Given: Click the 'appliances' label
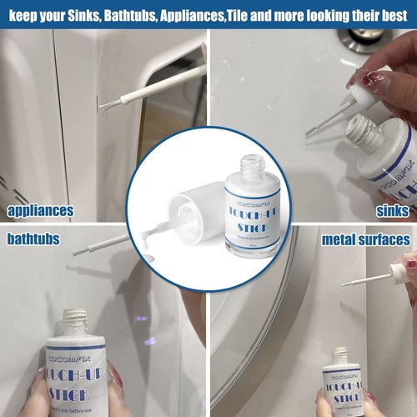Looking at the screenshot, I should point(40,211).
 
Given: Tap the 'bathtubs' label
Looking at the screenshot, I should point(34,239).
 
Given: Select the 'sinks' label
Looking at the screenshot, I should point(391,211).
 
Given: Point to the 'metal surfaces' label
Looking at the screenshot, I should point(366,240).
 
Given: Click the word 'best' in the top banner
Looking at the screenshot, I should point(395,13).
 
